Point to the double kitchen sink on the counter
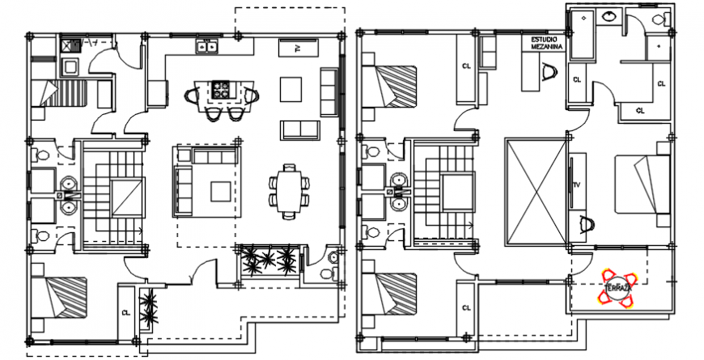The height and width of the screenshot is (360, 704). pos(207,47)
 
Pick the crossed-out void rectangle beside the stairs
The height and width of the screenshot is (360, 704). pos(534,192)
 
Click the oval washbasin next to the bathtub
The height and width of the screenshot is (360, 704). pos(609,15)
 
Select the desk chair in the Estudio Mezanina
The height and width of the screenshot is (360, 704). pos(551,73)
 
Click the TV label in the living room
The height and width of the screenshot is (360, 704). pos(297,49)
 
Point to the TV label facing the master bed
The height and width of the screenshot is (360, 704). pos(577,185)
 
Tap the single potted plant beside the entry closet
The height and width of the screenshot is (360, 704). pos(148,306)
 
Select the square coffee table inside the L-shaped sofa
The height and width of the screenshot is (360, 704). pos(219,191)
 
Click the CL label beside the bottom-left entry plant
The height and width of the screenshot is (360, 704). pos(125,311)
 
